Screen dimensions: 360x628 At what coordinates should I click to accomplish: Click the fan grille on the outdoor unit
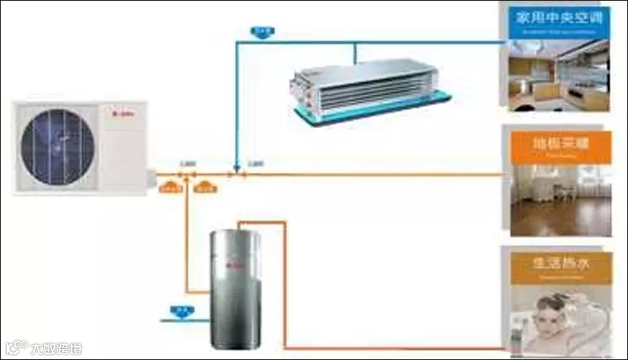click(58, 146)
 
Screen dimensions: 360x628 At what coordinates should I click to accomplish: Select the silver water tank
click(234, 289)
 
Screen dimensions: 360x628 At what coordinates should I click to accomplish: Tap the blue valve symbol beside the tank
click(182, 310)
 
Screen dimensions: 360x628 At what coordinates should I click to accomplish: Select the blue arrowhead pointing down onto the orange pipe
click(236, 168)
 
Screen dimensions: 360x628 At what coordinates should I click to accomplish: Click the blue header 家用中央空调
click(558, 18)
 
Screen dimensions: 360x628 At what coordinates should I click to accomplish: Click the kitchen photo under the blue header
click(558, 76)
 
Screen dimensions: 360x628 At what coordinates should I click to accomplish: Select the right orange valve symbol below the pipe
click(205, 186)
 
